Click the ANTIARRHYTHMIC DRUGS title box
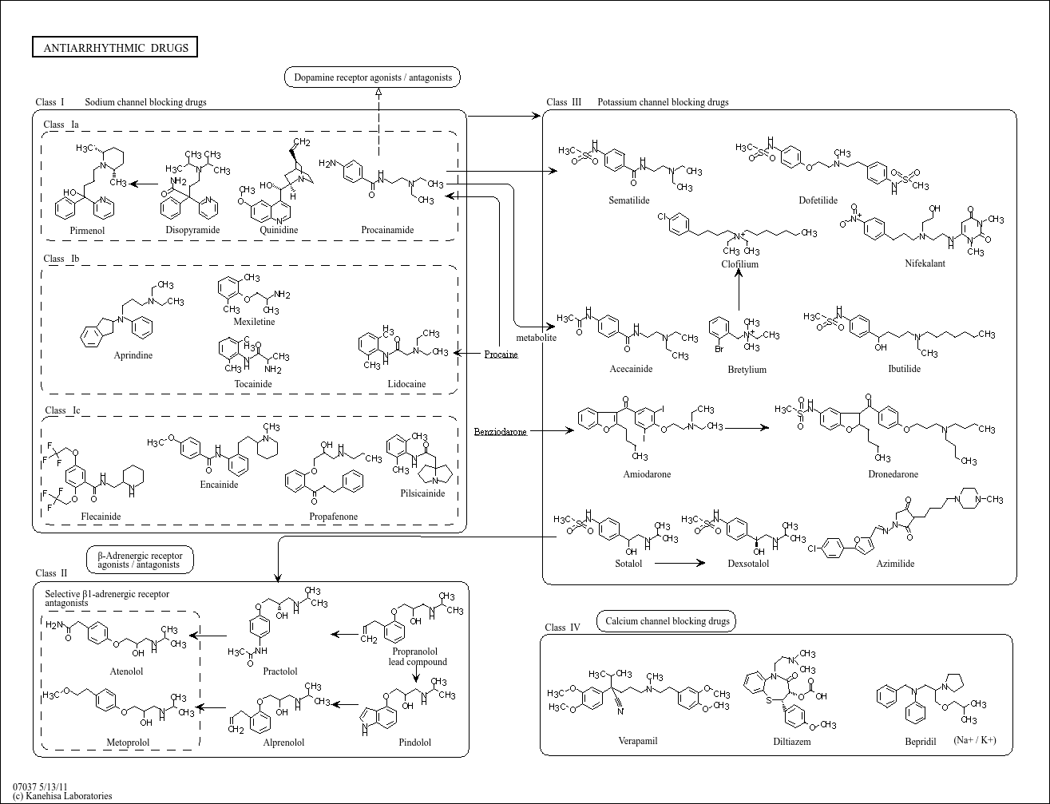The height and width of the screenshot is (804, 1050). coord(116,48)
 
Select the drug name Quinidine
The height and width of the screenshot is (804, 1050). coord(279,230)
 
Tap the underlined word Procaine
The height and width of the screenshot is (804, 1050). coord(501,354)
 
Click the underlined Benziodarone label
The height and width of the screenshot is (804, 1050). coord(500,432)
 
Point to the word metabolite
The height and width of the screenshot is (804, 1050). coord(536,338)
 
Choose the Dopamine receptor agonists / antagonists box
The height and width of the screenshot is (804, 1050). coord(373,77)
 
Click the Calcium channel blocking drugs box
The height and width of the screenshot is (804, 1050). coord(667,621)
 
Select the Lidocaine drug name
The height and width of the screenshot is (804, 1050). coord(406,384)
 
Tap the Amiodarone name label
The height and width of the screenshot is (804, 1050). coord(647,474)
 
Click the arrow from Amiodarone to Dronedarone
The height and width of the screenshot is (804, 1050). coord(747,428)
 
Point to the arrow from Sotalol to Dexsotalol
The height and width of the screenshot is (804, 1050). coord(680,563)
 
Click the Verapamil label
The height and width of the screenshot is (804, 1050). coord(638,741)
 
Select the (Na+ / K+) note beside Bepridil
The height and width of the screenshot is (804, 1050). coord(975,740)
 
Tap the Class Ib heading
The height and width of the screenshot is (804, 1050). coord(61,259)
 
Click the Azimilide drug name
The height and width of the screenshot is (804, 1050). coord(895,564)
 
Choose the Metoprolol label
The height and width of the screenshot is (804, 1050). coord(128,743)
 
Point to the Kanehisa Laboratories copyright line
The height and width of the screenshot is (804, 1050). coord(62,796)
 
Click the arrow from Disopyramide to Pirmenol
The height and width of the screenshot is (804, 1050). coord(144,184)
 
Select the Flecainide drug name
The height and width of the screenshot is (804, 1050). coord(101,517)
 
